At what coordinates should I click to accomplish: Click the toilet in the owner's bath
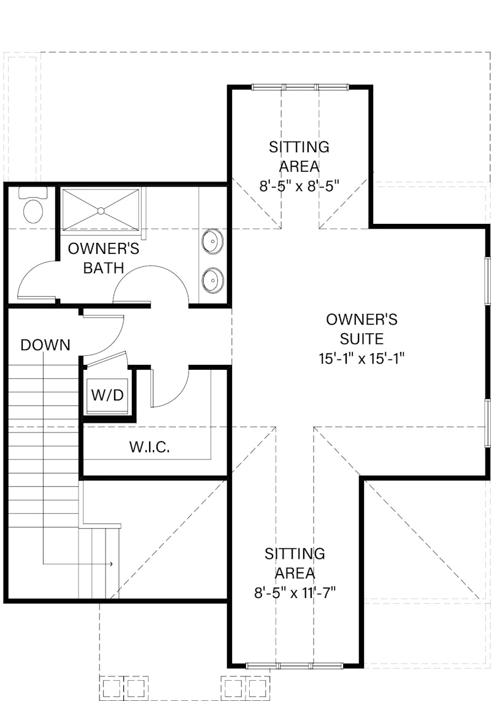[33, 205]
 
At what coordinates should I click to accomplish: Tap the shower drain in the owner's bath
[101, 210]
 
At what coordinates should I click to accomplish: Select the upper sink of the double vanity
[212, 242]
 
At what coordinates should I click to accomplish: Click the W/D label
[107, 395]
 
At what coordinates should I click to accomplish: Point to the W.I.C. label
[150, 447]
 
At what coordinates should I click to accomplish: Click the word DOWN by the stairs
[45, 345]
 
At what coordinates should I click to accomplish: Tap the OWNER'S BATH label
[103, 258]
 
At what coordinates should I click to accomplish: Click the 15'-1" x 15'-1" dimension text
[361, 359]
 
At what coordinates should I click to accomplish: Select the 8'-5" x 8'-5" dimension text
[299, 186]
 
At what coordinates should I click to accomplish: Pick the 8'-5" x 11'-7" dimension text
[295, 593]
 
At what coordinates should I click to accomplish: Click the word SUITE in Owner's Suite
[361, 339]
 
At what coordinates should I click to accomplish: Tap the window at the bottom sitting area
[295, 665]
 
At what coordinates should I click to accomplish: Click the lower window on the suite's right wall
[488, 423]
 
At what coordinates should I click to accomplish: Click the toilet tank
[33, 193]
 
